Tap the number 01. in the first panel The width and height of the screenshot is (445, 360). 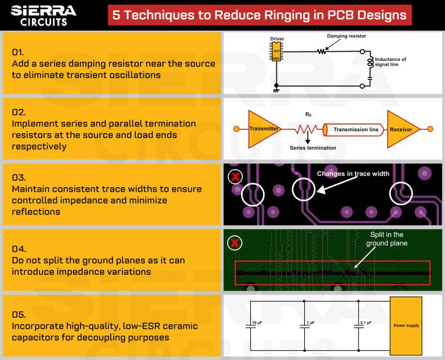(x=18, y=52)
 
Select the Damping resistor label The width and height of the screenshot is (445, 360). (x=346, y=37)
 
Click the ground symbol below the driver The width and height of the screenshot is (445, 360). (x=277, y=90)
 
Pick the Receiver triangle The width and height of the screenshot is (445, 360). (x=402, y=129)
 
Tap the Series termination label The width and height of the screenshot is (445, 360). (x=313, y=148)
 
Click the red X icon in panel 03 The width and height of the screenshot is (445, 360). (x=235, y=177)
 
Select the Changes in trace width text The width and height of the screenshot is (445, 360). (x=353, y=174)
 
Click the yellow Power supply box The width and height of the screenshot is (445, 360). (x=406, y=325)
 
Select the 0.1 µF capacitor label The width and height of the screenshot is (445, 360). (x=366, y=322)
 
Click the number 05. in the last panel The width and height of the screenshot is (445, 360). (x=19, y=314)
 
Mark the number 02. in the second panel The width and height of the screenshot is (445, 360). (x=19, y=112)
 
